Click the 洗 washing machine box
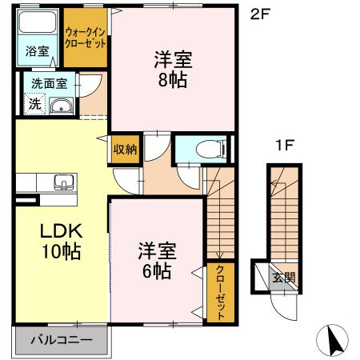pyautogui.click(x=34, y=102)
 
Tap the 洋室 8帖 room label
pyautogui.click(x=172, y=70)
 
